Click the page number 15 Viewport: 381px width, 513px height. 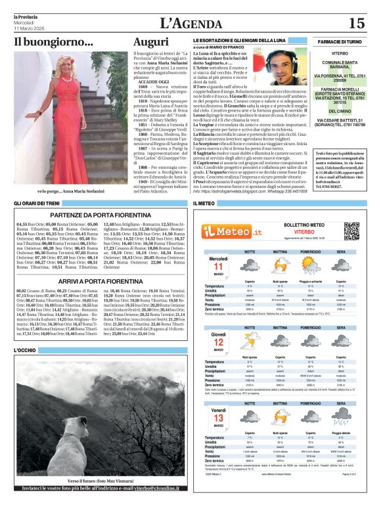pyautogui.click(x=356, y=23)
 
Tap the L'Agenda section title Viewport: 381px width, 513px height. pyautogui.click(x=190, y=22)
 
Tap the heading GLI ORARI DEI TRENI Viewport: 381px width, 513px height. pyautogui.click(x=38, y=204)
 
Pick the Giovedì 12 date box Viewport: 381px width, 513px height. pyautogui.click(x=218, y=344)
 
